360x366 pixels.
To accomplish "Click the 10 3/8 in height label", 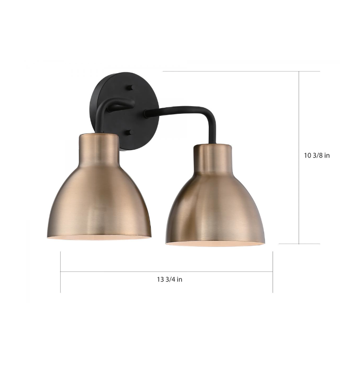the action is click(x=317, y=155).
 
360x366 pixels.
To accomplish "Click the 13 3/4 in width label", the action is click(x=170, y=279).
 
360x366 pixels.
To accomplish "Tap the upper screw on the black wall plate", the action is click(x=130, y=88).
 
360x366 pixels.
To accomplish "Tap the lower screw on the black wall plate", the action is click(x=130, y=133).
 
